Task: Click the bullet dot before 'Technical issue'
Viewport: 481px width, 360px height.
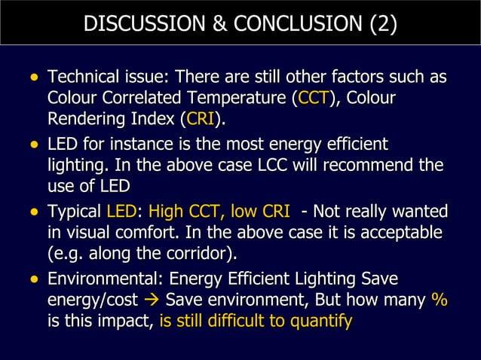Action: point(32,78)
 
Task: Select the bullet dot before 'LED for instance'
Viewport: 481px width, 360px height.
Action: point(32,144)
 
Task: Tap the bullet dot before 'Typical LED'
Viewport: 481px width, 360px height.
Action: point(32,211)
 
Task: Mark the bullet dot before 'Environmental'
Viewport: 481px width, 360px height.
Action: point(32,279)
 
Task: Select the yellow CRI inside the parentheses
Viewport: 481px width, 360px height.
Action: point(200,119)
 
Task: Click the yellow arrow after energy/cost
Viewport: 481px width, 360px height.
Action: point(152,301)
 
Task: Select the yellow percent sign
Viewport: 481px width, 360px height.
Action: point(439,300)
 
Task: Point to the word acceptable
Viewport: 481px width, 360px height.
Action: point(406,232)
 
